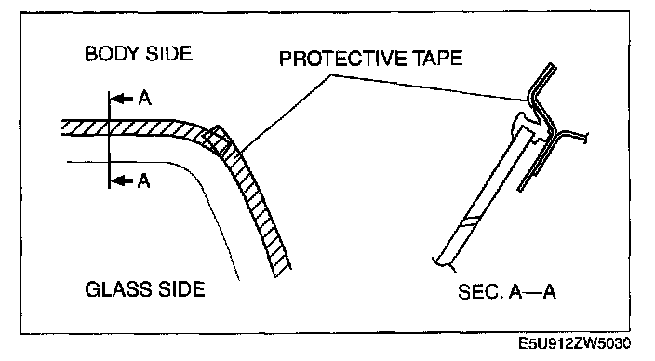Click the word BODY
click(112, 54)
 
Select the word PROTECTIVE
click(343, 58)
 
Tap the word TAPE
click(438, 58)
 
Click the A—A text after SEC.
click(532, 291)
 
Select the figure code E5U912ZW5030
click(574, 343)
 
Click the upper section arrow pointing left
click(122, 99)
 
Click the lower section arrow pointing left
click(122, 180)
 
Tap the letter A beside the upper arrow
click(144, 99)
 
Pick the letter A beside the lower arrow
click(143, 180)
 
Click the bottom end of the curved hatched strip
click(283, 273)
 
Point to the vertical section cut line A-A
click(109, 140)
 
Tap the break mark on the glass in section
click(470, 221)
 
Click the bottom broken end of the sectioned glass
click(444, 262)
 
